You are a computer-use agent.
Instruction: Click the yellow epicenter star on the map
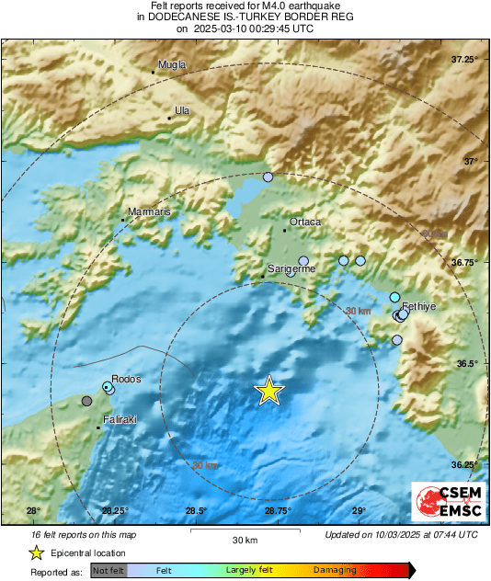coord(269,391)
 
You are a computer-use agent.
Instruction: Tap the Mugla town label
coord(172,64)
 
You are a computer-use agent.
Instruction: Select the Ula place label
coord(182,110)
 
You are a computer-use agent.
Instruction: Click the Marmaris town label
coord(149,212)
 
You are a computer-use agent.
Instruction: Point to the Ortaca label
coord(305,222)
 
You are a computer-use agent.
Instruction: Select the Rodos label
coord(126,379)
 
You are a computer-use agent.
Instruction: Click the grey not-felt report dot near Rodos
coord(87,401)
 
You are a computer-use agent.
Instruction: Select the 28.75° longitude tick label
coord(278,511)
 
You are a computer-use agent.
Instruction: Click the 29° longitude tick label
coord(359,511)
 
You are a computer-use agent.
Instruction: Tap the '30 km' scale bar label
coord(244,539)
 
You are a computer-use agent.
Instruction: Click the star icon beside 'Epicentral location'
coord(36,553)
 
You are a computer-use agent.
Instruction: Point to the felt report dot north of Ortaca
coord(268,177)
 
